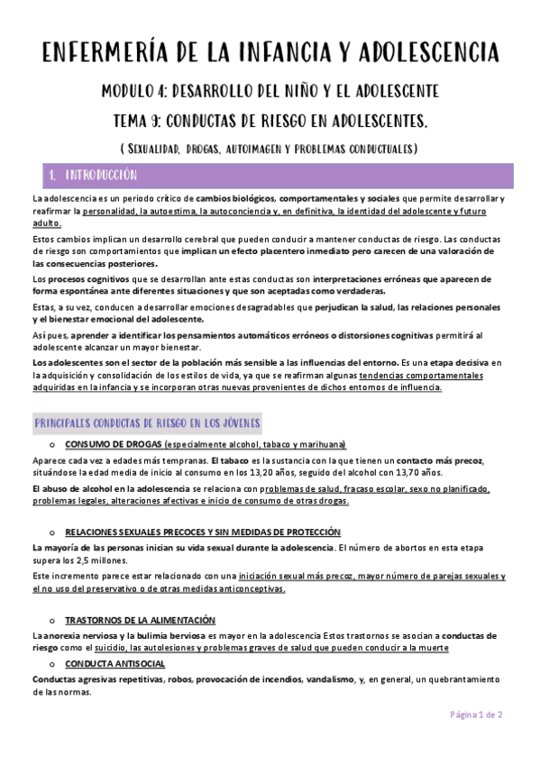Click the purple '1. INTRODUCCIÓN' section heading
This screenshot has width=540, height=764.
point(94,174)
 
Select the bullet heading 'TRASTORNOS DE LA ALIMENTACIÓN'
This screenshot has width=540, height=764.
point(140,620)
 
